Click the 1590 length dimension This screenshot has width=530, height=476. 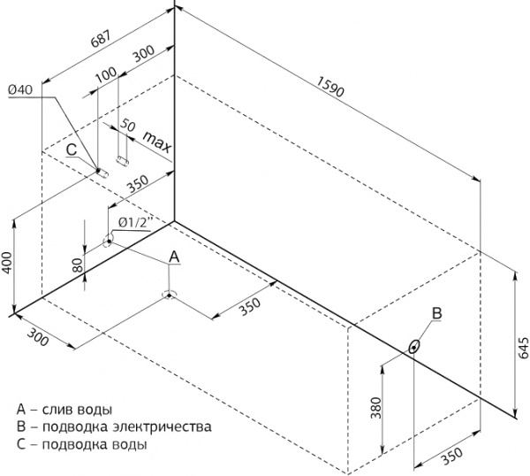(x=330, y=87)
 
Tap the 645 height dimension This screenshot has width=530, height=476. (x=523, y=348)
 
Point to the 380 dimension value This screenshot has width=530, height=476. (x=376, y=408)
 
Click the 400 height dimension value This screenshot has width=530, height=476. (x=7, y=263)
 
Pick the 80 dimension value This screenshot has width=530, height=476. (x=78, y=265)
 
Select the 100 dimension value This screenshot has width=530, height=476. (x=106, y=75)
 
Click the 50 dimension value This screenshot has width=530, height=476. (x=128, y=125)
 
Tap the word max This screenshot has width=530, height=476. (x=157, y=142)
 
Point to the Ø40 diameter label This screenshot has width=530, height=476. (x=20, y=89)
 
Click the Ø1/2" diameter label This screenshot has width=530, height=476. (x=135, y=223)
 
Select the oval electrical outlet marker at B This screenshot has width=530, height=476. (x=414, y=347)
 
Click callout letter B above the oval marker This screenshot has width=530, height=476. (x=437, y=313)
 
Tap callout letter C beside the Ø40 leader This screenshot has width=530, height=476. (x=72, y=150)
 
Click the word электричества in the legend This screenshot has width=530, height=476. (x=163, y=426)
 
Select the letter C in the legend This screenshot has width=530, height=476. (x=21, y=444)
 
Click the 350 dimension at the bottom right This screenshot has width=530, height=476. (x=452, y=457)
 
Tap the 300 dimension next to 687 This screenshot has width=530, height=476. (x=144, y=53)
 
